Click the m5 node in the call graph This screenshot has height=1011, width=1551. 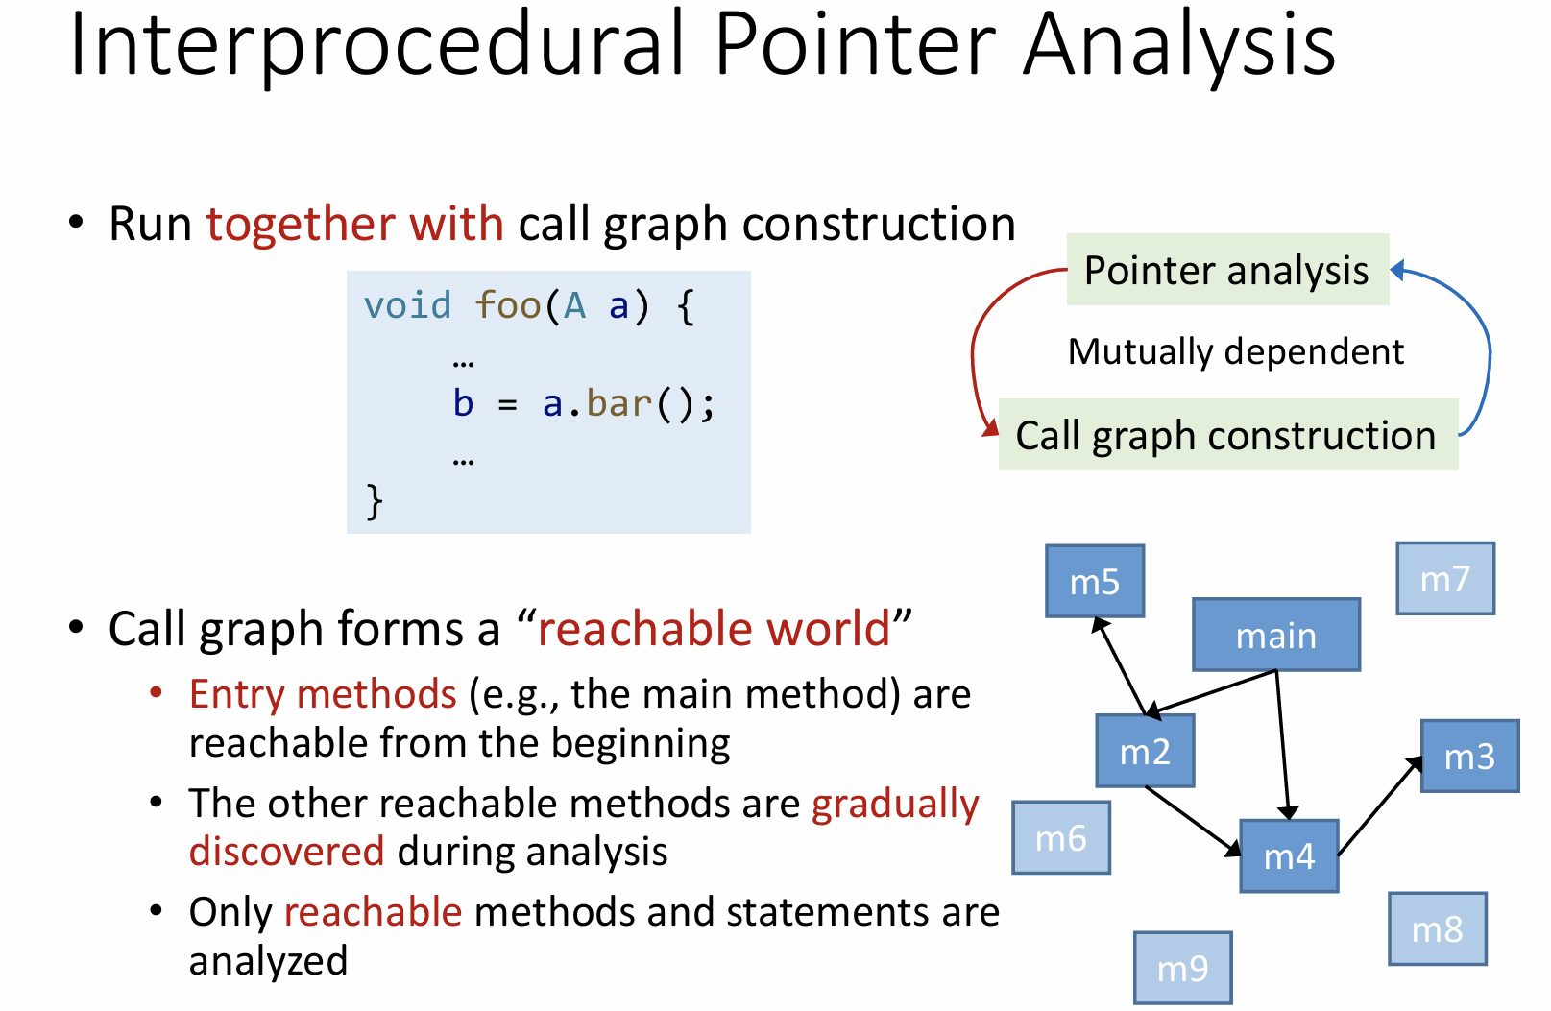[1095, 581]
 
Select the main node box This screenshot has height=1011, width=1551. [1276, 635]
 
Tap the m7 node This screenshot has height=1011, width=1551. [1445, 579]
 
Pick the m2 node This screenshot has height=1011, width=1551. [1145, 751]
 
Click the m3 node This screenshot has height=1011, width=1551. [1470, 756]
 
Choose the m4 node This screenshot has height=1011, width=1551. [1289, 856]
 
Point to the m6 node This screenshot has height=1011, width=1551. [1061, 837]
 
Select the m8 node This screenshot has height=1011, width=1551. [1438, 928]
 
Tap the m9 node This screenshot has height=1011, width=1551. [1182, 968]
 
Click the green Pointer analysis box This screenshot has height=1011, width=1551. [1227, 269]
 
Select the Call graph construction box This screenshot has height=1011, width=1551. [1227, 435]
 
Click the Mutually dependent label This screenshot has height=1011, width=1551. [1236, 351]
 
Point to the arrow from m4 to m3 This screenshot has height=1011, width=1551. [1379, 806]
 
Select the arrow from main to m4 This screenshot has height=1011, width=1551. [1283, 745]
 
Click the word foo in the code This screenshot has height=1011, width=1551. [508, 305]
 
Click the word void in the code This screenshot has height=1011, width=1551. [407, 305]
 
